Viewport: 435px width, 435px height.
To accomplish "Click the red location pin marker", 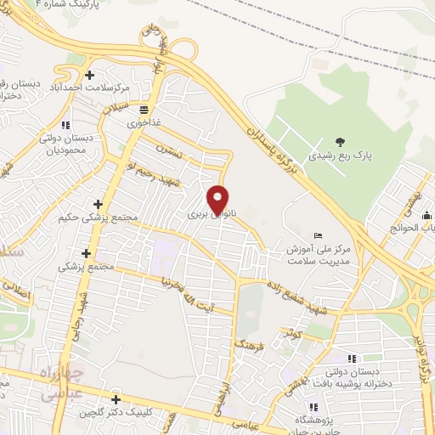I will (x=219, y=199).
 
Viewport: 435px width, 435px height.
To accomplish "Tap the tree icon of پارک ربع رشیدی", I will (x=340, y=142).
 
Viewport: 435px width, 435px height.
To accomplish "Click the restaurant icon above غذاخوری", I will (x=144, y=110).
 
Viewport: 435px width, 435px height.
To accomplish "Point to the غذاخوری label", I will (x=144, y=123).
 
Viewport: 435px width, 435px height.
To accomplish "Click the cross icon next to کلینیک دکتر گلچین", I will (x=116, y=399).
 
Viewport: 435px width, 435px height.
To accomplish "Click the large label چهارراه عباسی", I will (x=63, y=382).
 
